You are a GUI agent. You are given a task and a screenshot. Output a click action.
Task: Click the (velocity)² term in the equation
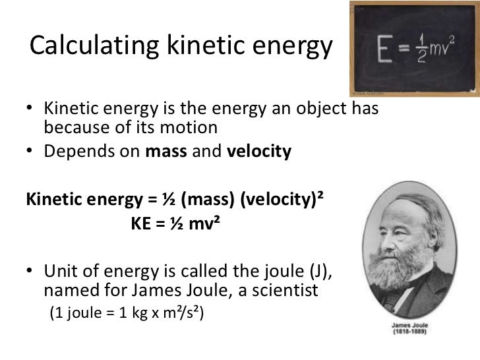point(285,199)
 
